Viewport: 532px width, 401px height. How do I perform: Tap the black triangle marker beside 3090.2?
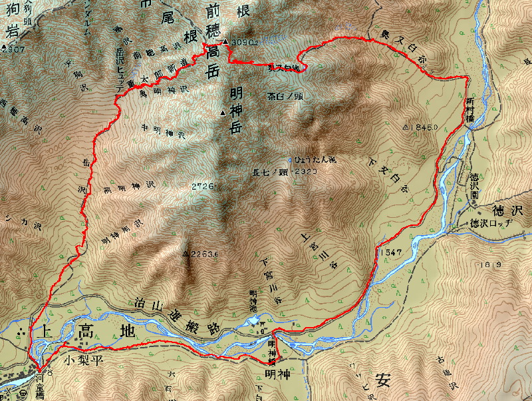(x=226, y=42)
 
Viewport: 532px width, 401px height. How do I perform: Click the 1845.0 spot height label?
(x=424, y=127)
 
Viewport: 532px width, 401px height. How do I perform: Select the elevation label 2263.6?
(x=201, y=254)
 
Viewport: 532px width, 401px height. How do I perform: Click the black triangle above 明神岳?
(x=223, y=113)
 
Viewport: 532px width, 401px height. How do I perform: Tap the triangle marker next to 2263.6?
(x=185, y=254)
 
